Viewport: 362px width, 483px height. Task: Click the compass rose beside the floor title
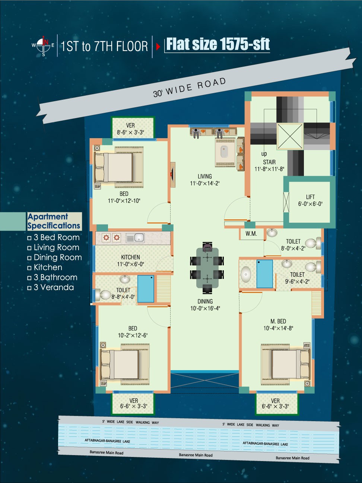44,46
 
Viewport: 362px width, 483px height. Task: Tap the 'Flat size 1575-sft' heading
218,44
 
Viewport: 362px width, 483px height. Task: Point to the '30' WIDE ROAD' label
190,88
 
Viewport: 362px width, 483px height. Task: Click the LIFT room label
310,197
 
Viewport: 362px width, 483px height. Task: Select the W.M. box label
251,234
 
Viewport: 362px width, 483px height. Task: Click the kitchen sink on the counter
135,238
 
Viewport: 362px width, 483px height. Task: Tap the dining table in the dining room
207,268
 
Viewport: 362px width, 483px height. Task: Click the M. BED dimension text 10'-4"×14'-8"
278,328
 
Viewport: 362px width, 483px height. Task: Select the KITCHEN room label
130,257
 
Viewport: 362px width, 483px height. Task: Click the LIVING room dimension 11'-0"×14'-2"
205,183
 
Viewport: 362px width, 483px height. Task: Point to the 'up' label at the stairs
264,154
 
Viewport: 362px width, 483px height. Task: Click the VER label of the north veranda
130,125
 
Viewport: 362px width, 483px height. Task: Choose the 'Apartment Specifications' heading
54,221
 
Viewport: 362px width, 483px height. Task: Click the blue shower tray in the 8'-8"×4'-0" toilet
146,289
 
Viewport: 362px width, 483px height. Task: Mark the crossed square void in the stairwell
290,136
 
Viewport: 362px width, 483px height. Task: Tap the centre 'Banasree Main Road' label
196,455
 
